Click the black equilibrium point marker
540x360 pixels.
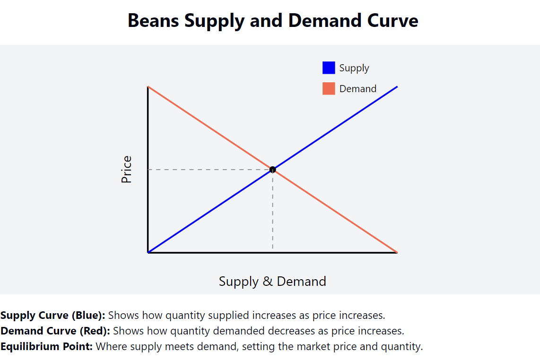272,170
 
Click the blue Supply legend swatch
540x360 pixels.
329,68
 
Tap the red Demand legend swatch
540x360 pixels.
329,89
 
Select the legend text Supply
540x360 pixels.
354,68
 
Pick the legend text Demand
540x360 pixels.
357,89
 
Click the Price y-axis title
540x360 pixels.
126,170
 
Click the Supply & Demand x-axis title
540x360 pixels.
272,282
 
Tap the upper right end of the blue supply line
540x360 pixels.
396,87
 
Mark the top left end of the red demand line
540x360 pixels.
149,87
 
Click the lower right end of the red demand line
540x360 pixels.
396,252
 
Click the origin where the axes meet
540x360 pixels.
148,252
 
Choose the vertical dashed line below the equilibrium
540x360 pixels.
272,213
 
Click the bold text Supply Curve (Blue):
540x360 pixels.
53,315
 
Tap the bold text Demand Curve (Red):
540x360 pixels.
55,331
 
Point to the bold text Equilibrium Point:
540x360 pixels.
46,346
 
